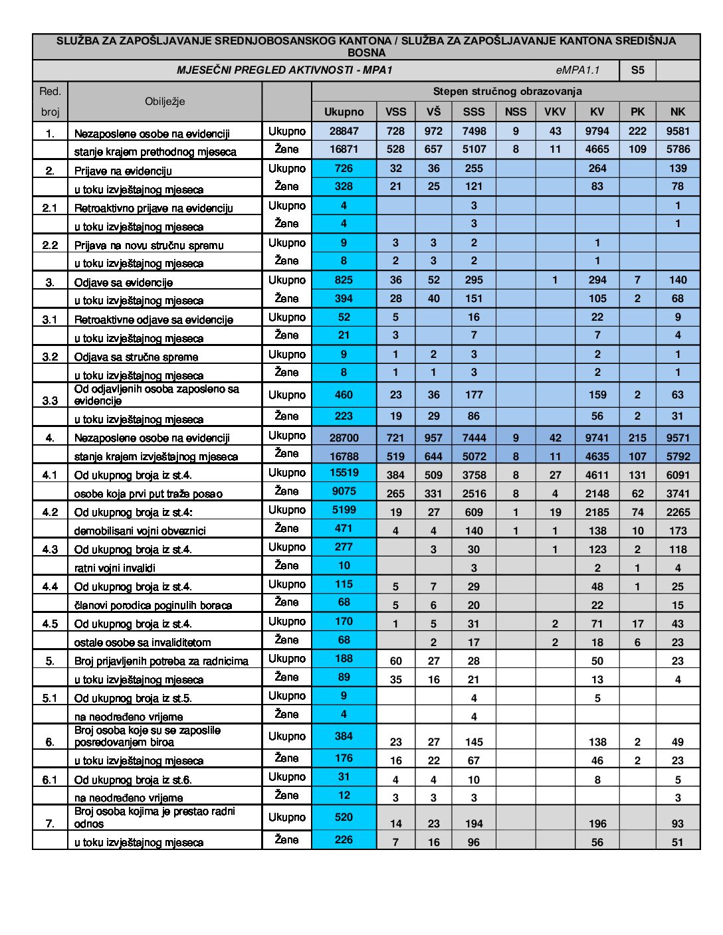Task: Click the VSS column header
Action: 395,112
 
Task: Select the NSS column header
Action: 516,112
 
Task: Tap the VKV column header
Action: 555,112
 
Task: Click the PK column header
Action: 637,112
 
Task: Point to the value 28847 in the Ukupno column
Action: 344,131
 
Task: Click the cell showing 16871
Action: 344,149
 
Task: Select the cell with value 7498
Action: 474,131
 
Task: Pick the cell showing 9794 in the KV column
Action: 597,131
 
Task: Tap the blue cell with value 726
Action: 344,169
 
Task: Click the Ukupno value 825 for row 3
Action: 344,280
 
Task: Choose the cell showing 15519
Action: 344,473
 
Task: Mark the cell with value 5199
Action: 344,510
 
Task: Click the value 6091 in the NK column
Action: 677,475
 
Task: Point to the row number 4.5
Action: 50,624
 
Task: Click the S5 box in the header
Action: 637,70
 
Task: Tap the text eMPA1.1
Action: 577,70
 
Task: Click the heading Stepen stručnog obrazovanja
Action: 507,92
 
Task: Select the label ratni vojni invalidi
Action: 115,568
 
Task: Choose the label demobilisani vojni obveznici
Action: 140,531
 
